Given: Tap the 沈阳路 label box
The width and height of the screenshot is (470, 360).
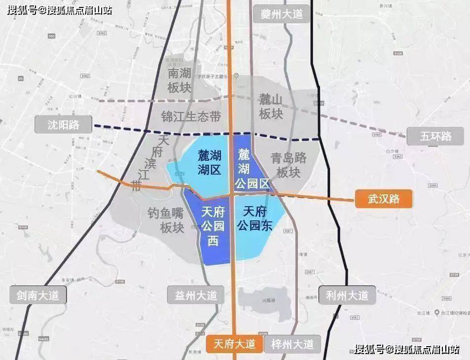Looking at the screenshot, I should coord(64,124).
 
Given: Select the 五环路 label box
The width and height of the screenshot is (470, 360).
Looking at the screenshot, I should coord(435,136).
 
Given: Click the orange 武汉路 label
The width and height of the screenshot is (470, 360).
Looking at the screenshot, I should coord(383,200).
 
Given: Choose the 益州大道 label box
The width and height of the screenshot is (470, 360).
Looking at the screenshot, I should coord(196,296).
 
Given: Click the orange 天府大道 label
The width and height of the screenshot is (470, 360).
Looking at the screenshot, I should coord(234,344).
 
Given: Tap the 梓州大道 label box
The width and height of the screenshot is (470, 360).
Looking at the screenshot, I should coord(292,344).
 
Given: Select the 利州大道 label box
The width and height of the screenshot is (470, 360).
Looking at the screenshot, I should coord(347,295).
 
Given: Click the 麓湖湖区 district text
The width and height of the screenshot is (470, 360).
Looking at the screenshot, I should coord(209,162).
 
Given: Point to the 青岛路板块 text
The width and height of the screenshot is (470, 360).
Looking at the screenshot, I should coord(289,165).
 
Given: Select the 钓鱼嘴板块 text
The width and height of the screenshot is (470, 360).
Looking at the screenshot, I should coord(166,220).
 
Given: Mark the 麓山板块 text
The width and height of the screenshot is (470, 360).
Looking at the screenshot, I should coord(271,107).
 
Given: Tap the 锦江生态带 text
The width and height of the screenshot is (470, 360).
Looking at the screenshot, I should coord(191,116).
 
